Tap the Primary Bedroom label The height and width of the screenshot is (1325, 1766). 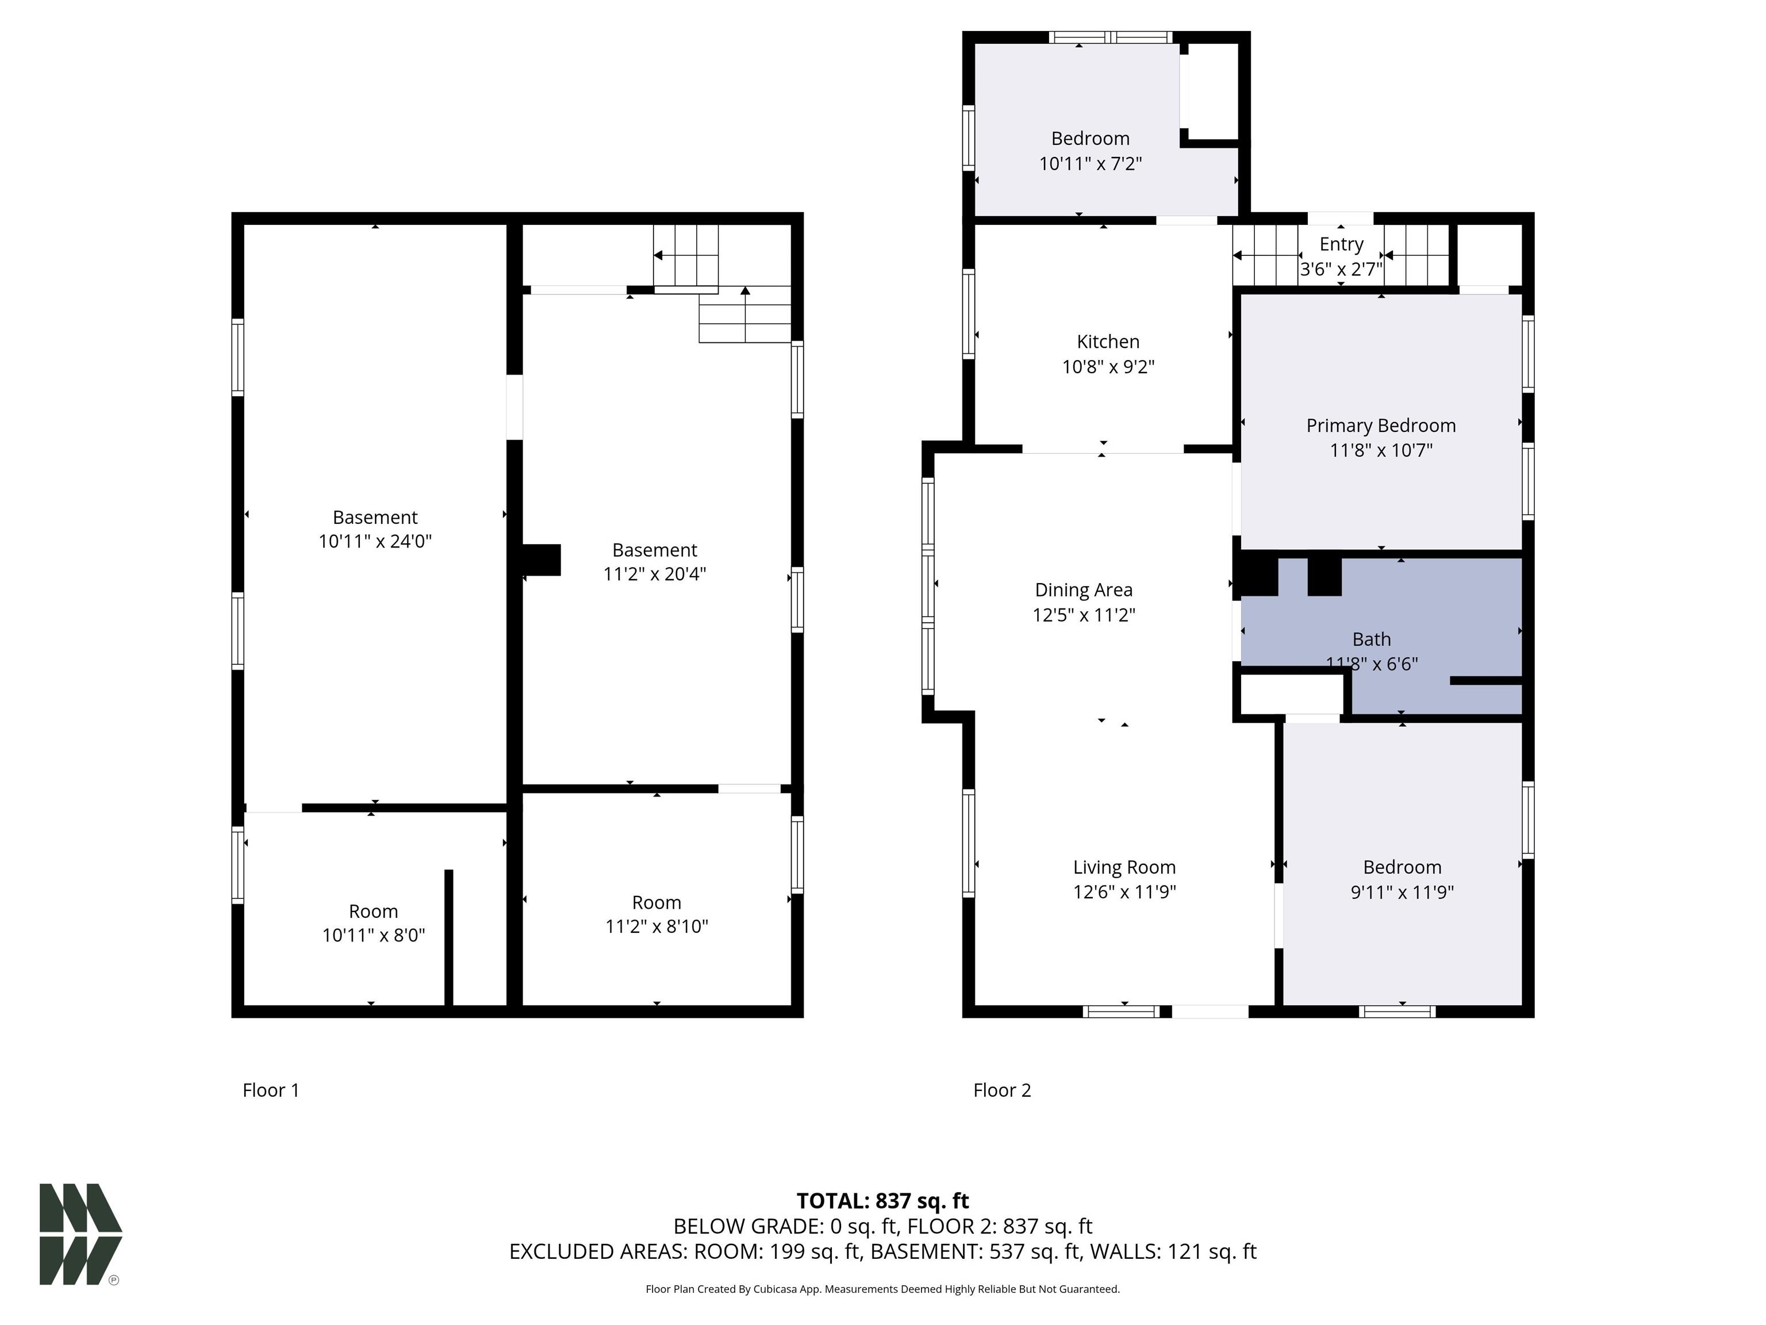[x=1380, y=426]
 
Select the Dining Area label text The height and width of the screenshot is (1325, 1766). [x=1084, y=590]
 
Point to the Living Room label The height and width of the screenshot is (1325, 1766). [x=1124, y=867]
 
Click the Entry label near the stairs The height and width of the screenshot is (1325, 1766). [x=1341, y=244]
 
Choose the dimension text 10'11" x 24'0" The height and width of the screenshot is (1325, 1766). [x=375, y=542]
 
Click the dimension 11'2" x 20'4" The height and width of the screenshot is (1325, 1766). [x=655, y=575]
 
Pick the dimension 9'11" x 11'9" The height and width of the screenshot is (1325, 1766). [x=1402, y=892]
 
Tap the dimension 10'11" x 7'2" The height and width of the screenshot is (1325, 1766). [x=1090, y=164]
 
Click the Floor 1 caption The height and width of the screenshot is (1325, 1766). [x=271, y=1090]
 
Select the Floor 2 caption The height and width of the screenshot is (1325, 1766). [x=1002, y=1090]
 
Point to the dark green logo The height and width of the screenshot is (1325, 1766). [x=80, y=1234]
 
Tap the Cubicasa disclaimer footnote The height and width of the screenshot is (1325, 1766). [x=883, y=1289]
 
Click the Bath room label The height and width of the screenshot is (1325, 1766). [x=1372, y=639]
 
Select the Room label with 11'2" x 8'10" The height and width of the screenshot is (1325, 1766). [x=657, y=902]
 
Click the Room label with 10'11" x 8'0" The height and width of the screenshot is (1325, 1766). [x=373, y=912]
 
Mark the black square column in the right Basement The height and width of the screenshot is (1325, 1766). [x=542, y=560]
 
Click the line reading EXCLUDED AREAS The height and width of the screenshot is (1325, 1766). [x=883, y=1251]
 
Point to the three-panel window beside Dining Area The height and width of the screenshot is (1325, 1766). [x=928, y=585]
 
